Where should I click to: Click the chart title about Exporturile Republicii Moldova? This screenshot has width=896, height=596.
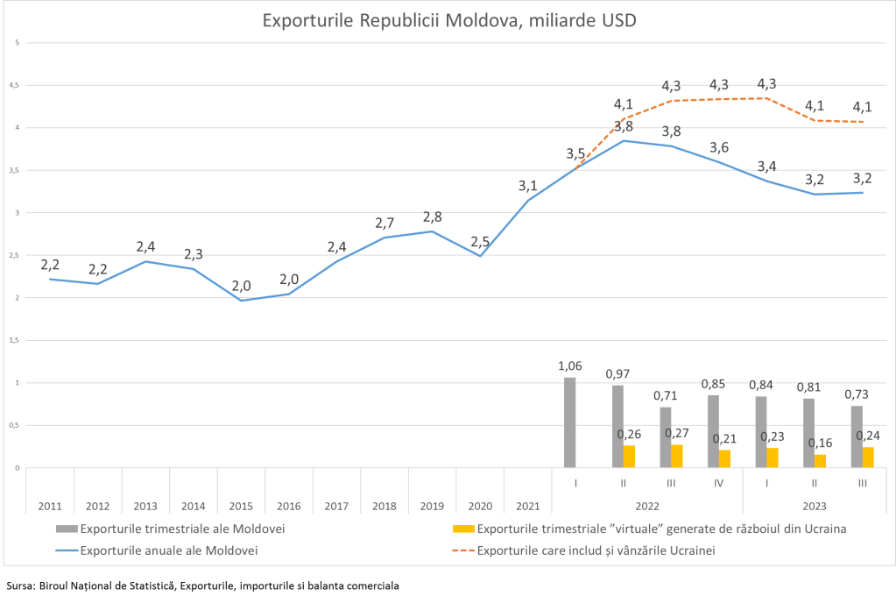448,20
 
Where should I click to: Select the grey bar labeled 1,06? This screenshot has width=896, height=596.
570,422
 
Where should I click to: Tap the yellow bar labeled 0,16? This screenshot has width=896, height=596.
819,461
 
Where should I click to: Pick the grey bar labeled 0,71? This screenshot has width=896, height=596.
666,437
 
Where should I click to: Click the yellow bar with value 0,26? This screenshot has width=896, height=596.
629,457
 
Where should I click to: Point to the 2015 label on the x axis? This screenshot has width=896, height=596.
241,506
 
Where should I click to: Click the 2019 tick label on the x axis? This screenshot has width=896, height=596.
432,506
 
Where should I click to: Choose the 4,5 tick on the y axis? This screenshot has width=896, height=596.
13,85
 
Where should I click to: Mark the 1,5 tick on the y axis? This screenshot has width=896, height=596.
13,340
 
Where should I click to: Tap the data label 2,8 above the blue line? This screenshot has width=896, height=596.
433,216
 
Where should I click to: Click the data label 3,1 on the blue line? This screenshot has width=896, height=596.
528,186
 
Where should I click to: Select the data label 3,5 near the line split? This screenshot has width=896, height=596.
575,154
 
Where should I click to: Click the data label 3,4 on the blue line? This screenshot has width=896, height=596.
767,166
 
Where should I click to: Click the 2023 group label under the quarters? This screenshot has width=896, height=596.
815,506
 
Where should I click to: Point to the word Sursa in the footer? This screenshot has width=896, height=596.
19,585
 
